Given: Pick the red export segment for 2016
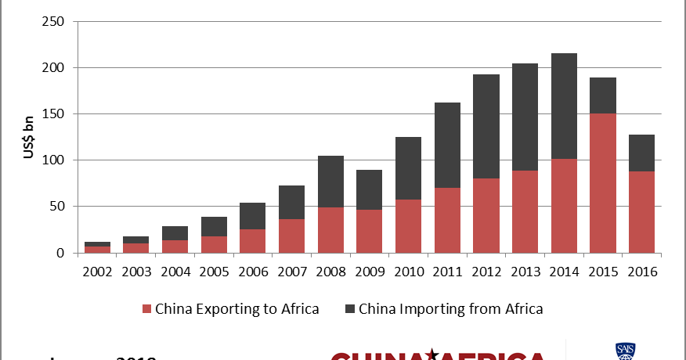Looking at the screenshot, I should point(641,212).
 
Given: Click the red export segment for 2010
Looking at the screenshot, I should point(408,226).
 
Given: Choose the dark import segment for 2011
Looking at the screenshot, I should point(447,146).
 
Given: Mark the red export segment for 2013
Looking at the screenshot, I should point(525,212).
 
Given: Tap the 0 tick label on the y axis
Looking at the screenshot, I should point(60,253).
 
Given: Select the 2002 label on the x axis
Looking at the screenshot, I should point(98,272).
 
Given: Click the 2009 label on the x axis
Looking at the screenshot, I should point(370,272).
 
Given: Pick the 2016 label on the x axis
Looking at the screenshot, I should point(641,272).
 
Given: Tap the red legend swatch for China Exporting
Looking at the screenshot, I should point(146,309).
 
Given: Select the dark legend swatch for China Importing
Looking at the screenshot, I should point(349,309).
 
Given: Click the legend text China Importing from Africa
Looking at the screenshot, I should point(450,309).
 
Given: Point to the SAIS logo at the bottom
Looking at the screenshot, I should point(625,351).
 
